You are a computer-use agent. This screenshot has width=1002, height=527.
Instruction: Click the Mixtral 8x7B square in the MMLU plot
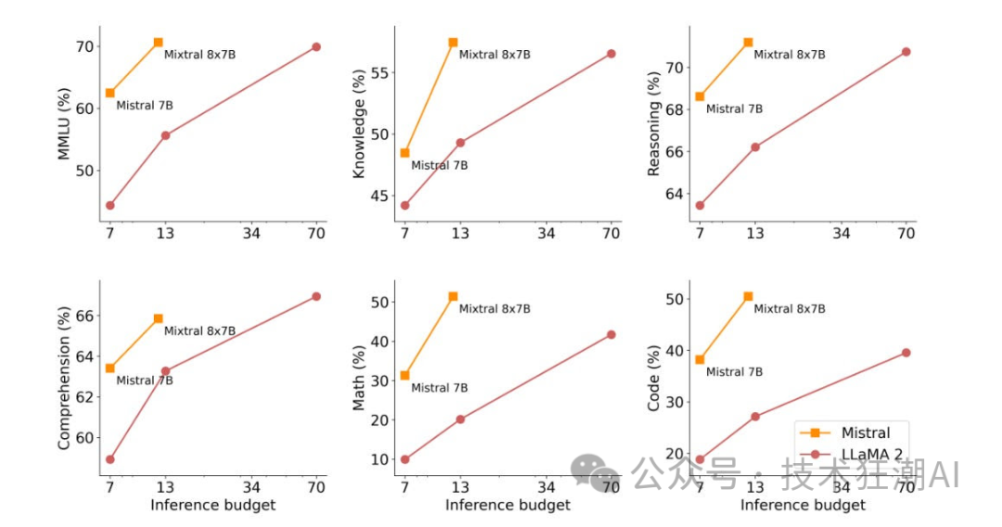tap(158, 43)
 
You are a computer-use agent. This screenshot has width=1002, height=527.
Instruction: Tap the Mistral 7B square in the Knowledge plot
tap(405, 152)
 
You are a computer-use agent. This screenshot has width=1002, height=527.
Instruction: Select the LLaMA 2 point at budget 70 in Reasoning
tap(906, 52)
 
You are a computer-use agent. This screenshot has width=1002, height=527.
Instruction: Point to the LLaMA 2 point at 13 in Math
tap(460, 419)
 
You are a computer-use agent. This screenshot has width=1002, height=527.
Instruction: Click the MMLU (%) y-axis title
tap(65, 124)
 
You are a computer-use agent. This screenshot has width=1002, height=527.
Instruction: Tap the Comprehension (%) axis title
tap(64, 379)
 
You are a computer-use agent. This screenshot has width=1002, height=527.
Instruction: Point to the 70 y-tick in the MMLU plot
tap(84, 46)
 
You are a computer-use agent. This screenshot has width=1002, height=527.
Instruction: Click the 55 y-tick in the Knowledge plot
tap(379, 72)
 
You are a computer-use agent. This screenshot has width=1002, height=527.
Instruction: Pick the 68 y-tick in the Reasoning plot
tap(674, 109)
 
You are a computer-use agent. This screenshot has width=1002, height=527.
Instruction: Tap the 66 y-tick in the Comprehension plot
tap(84, 316)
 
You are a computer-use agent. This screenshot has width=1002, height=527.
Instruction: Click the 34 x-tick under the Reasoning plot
tap(841, 234)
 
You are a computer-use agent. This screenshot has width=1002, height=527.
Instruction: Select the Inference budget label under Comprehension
tap(212, 506)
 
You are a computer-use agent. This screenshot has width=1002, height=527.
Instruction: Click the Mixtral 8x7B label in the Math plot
tap(495, 309)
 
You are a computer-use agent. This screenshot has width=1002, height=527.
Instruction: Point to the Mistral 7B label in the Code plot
tap(734, 372)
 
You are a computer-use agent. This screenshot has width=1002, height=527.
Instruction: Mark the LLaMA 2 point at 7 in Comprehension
tap(109, 459)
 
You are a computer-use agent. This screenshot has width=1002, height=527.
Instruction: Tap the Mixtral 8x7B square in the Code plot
tap(748, 296)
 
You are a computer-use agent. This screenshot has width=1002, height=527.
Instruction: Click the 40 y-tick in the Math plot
tap(379, 341)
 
